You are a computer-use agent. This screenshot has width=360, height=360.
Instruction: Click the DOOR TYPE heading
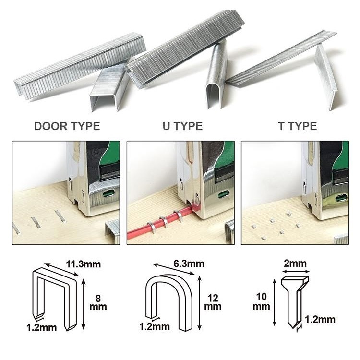(67, 126)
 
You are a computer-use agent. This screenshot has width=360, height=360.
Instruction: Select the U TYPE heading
(182, 126)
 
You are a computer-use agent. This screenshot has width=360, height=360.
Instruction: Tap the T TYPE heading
(297, 126)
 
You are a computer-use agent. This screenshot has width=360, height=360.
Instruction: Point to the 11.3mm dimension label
(84, 264)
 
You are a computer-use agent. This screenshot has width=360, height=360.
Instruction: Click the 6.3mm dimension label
(189, 264)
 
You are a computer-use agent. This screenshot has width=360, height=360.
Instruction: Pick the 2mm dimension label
(295, 264)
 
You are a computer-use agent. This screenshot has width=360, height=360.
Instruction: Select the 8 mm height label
(98, 302)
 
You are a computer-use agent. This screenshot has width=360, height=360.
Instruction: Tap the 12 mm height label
(213, 302)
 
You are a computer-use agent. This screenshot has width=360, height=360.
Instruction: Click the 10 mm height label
(261, 301)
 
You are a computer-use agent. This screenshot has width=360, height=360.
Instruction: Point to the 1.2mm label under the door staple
(42, 327)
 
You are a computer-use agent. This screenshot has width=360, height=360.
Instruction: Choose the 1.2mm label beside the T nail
(320, 319)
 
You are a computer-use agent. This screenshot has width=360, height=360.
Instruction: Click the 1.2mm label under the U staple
(155, 326)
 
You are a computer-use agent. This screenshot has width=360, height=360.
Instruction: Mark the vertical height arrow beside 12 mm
(200, 303)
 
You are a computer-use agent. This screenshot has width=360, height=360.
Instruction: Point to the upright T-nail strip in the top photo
(326, 77)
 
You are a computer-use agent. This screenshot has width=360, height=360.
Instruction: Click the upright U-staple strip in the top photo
(216, 74)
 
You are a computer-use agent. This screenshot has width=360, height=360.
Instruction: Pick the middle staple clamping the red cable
(164, 222)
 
